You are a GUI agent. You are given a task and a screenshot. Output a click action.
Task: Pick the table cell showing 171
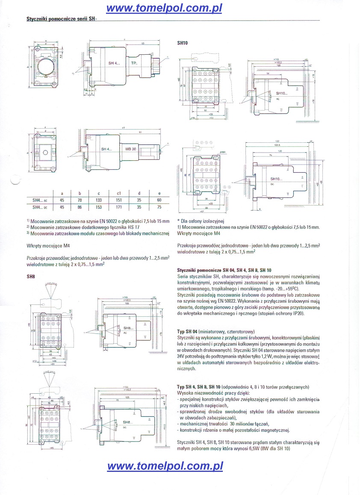118,207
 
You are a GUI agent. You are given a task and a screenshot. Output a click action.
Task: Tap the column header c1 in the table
118,193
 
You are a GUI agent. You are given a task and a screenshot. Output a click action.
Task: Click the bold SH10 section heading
183,43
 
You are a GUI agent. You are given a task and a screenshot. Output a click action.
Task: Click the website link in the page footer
165,466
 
